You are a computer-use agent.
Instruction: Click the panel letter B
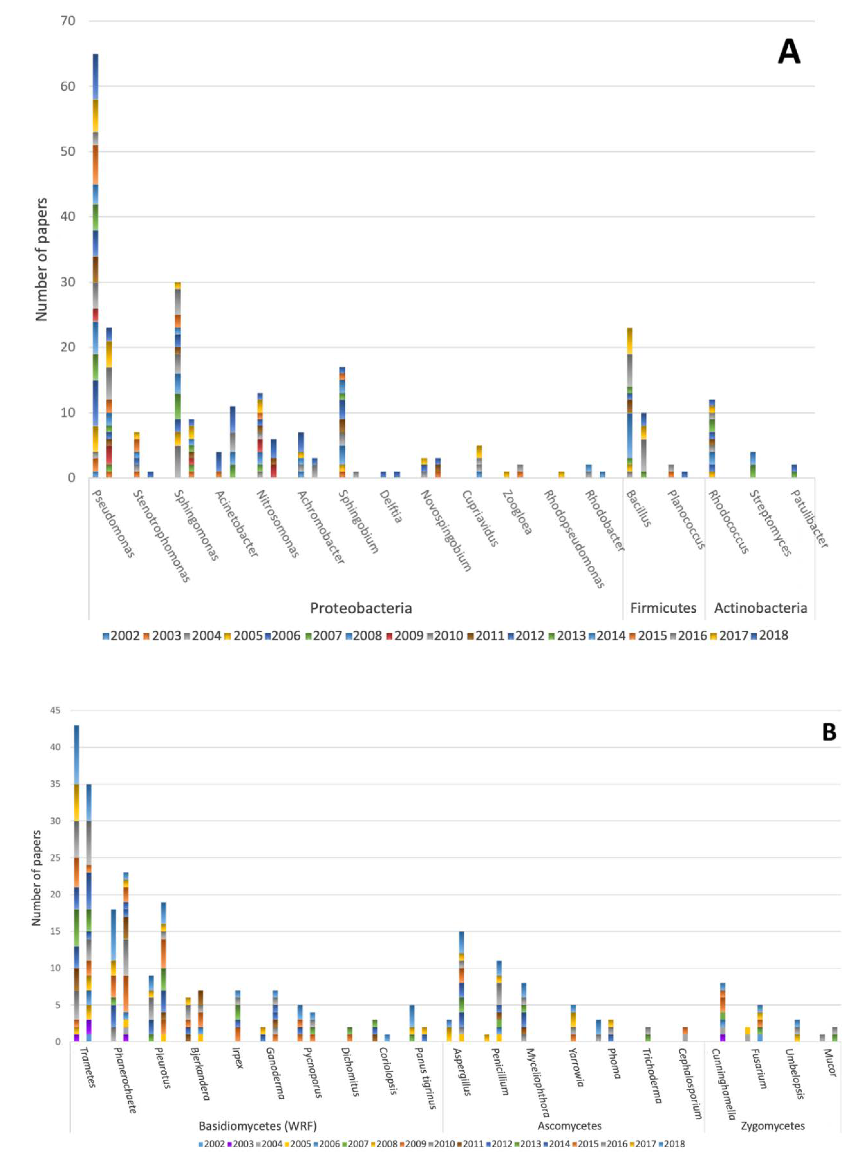click(x=829, y=732)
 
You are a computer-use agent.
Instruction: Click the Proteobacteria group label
click(x=361, y=608)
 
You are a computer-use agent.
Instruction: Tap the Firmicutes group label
click(x=663, y=608)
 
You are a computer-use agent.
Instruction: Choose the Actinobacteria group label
click(x=760, y=608)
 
